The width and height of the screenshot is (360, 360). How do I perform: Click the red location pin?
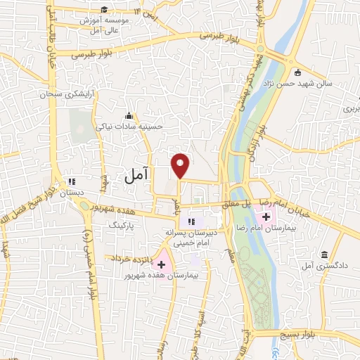tap(181, 165)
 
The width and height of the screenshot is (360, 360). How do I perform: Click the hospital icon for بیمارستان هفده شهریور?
tap(162, 264)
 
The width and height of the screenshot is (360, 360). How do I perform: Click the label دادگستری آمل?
tap(321, 266)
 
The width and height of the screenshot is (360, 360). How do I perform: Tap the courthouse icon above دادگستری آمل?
tap(323, 255)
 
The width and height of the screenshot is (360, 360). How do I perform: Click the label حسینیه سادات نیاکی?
tap(139, 127)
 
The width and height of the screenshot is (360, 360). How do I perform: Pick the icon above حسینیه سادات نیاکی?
tap(128, 116)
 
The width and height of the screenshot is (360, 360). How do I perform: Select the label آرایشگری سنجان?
tap(46, 94)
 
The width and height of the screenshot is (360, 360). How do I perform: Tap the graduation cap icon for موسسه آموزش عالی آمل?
tap(104, 9)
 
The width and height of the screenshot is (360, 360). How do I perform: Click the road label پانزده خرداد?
tap(127, 259)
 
